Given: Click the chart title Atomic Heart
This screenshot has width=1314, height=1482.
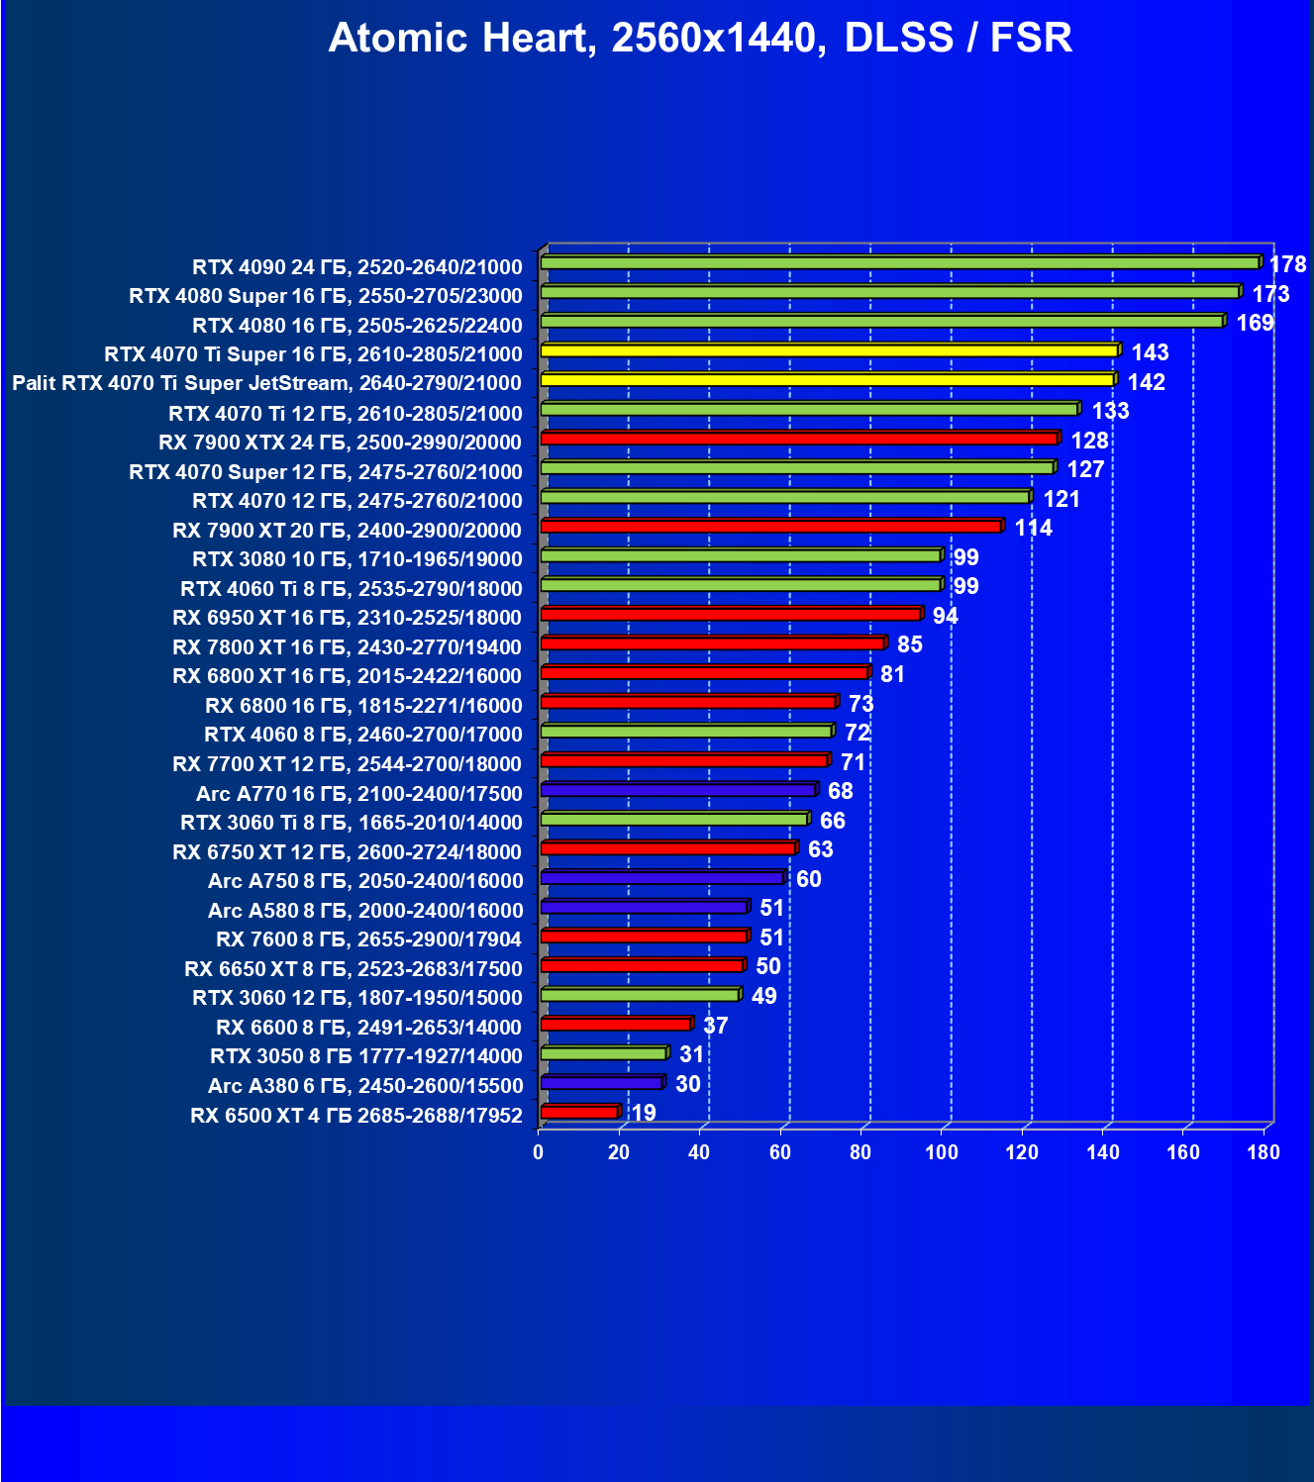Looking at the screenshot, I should point(700,38).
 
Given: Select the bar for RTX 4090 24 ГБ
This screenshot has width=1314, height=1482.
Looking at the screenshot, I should point(900,262).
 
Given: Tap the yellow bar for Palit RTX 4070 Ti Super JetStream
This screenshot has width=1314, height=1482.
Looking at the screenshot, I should point(827,380).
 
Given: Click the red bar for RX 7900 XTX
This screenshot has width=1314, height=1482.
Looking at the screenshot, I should point(799,439).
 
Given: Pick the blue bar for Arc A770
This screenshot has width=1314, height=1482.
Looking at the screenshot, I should point(678,790).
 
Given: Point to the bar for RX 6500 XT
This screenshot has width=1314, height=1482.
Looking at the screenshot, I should point(579,1113).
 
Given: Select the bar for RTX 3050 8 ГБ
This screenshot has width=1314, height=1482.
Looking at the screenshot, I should point(603,1053).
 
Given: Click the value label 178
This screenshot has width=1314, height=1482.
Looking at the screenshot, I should point(1287,264).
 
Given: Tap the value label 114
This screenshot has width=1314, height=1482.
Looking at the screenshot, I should point(1033,528).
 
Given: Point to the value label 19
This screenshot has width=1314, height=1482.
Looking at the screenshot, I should point(644,1113).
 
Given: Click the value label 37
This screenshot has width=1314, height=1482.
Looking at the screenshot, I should point(715,1026).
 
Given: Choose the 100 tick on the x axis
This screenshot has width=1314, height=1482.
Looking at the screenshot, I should point(941,1151).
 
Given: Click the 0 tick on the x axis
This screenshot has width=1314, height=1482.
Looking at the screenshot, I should point(539,1151).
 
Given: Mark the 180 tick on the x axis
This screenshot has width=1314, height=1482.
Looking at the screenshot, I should point(1263,1151).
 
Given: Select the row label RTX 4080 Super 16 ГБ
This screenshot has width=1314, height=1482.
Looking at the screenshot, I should point(326,296).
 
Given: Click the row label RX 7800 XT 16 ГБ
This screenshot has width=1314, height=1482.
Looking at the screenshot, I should point(347,647).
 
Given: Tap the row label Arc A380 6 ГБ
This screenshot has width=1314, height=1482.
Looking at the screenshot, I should point(365,1086).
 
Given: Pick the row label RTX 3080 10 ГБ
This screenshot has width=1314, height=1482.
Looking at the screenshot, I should point(356,559).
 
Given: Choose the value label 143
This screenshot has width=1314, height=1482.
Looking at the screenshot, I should point(1150,352).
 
